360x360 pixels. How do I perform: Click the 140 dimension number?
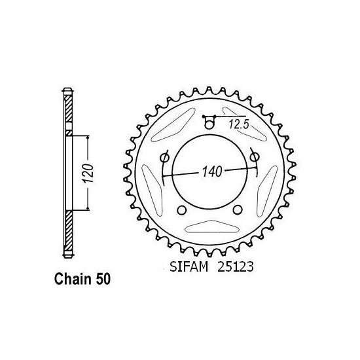(x=212, y=171)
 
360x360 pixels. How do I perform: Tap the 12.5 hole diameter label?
(x=239, y=124)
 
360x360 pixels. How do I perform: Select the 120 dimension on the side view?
(x=88, y=173)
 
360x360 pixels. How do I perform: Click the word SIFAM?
(x=189, y=267)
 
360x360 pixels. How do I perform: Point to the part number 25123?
(x=236, y=267)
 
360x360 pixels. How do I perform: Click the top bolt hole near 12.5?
(x=209, y=124)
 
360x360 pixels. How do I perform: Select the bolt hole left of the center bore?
(x=164, y=158)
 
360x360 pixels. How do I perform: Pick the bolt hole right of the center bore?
(x=254, y=157)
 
